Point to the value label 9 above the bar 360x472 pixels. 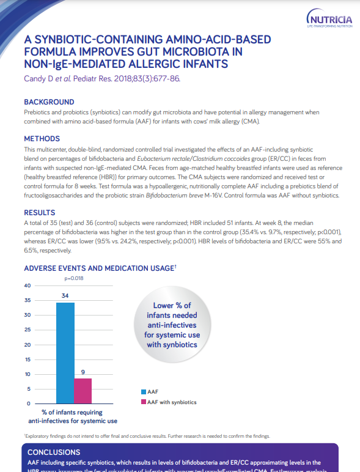pos(83,372)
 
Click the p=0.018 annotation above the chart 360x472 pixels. pos(74,278)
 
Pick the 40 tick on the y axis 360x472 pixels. pos(27,286)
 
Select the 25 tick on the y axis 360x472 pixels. pos(27,330)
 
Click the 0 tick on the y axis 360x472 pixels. pos(29,404)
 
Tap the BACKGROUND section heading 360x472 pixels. pos(49,102)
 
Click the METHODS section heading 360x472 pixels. pos(42,139)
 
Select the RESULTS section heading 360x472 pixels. pos(40,213)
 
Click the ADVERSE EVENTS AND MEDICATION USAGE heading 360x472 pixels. pos(100,268)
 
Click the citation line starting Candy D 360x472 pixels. pos(101,78)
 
